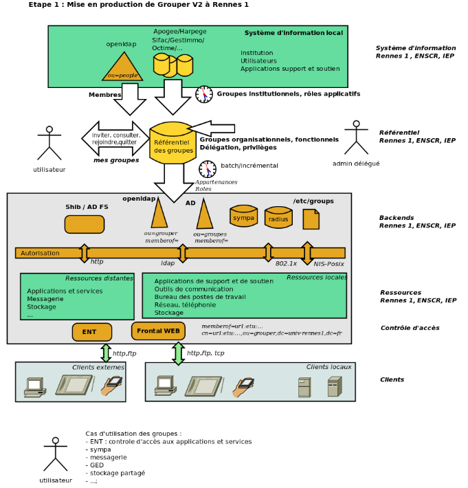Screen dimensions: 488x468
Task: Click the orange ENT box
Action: point(91,332)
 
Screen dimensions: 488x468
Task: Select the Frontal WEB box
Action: point(158,331)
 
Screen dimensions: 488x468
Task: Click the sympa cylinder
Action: point(243,217)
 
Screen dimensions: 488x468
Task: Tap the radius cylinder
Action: point(278,218)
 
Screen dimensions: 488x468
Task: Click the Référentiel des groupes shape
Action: point(172,144)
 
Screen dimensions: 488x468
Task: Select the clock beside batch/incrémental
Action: point(208,169)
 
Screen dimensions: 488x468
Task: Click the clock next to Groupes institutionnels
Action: point(204,94)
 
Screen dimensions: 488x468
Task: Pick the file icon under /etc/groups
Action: point(311,219)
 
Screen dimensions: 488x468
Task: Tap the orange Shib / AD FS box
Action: point(85,224)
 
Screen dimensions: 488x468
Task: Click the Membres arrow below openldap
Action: point(130,99)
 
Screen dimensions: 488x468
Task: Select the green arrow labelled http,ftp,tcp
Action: point(179,353)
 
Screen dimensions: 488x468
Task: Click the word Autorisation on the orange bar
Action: point(40,253)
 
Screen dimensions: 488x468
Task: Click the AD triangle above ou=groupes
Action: point(204,215)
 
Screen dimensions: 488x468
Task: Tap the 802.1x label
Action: point(286,263)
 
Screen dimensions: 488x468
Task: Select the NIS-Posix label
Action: point(328,263)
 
